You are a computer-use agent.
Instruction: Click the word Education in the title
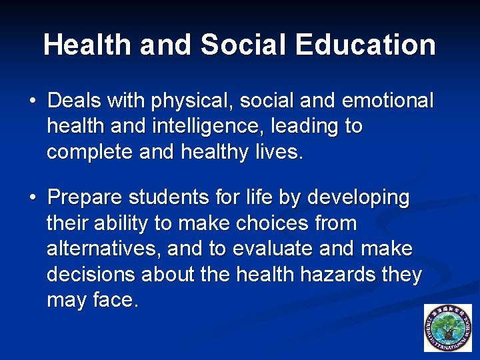click(366, 45)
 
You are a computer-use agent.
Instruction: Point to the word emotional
click(387, 101)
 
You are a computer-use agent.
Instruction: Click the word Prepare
click(85, 198)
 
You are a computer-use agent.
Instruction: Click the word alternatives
click(103, 249)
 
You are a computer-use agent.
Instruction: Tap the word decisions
click(90, 275)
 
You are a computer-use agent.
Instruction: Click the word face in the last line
click(115, 301)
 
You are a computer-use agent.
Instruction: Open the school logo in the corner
click(447, 328)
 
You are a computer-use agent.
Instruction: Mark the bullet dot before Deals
click(32, 102)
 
